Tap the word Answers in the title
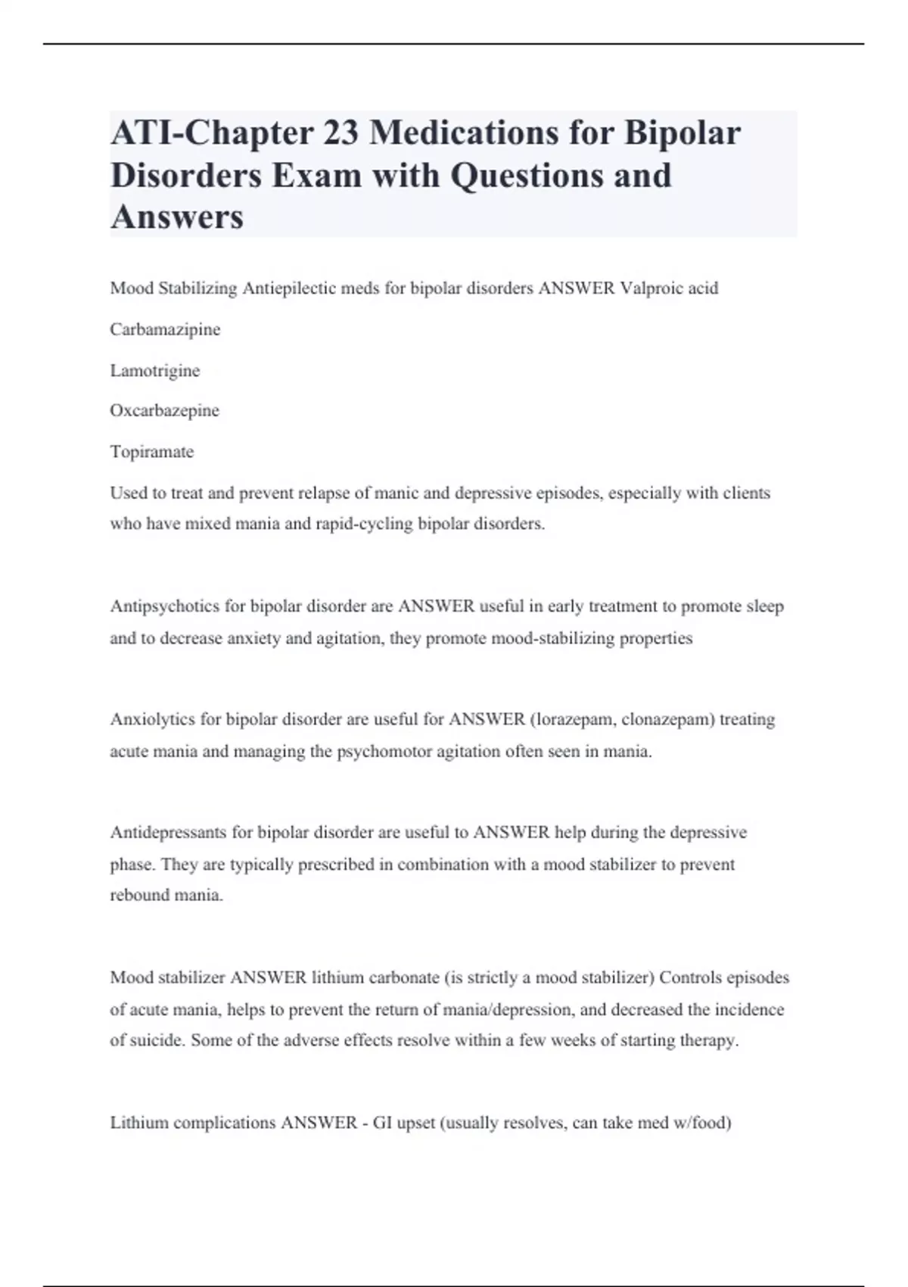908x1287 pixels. (x=177, y=217)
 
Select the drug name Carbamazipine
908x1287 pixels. (x=165, y=329)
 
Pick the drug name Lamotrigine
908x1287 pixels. (x=155, y=370)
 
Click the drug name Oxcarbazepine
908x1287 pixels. (x=164, y=410)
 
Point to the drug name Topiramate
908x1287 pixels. (x=152, y=451)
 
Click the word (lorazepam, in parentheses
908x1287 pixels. (x=574, y=719)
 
